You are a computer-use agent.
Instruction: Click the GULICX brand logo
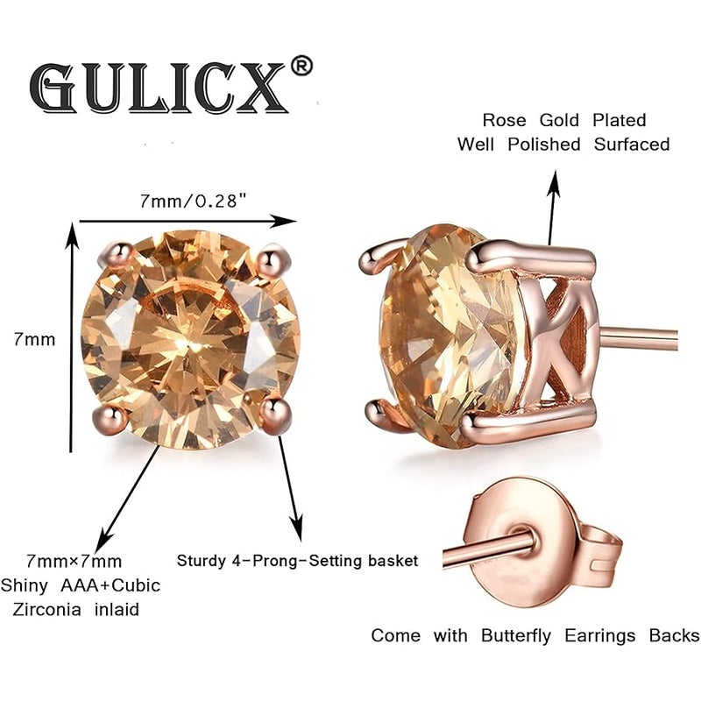(x=159, y=87)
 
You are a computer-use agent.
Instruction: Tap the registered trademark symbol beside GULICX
(x=301, y=67)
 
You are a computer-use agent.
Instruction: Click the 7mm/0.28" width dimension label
(x=194, y=202)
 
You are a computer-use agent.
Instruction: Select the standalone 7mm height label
(x=34, y=339)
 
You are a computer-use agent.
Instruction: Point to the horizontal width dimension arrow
(x=188, y=221)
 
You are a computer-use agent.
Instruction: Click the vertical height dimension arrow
(x=72, y=337)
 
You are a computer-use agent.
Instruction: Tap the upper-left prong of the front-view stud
(x=119, y=254)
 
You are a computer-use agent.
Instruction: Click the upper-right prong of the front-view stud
(x=272, y=258)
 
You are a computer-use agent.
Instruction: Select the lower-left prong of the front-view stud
(x=107, y=419)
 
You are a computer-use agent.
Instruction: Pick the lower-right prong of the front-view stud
(x=275, y=414)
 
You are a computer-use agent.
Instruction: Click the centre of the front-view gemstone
(x=189, y=341)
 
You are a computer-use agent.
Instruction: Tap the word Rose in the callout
(x=504, y=120)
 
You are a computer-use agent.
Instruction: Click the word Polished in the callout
(x=544, y=144)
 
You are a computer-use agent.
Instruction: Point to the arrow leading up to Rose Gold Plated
(x=554, y=208)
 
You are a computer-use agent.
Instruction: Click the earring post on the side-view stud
(x=638, y=338)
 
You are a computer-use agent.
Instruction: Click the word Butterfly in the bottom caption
(x=516, y=636)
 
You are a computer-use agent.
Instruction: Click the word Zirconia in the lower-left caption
(x=47, y=609)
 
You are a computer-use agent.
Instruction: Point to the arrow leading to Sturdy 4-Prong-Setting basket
(x=290, y=488)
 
